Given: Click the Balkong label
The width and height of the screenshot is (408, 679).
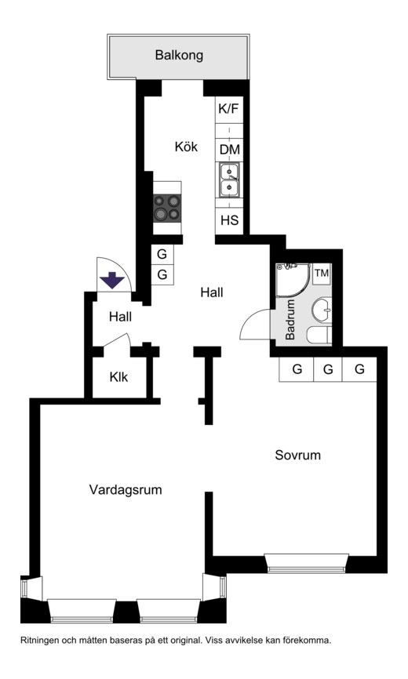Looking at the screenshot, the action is coord(179,56).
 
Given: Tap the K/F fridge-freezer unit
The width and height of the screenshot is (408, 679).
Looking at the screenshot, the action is coord(228,110).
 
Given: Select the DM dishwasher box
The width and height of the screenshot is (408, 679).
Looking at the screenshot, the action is coord(229,150).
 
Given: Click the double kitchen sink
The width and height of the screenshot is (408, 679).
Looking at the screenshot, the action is coord(228,180).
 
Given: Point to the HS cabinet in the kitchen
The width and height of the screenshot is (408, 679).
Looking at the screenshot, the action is coord(229,220).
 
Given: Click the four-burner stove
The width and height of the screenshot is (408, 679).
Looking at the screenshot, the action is coord(167,208).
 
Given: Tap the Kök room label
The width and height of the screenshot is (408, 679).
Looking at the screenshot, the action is coord(186,147).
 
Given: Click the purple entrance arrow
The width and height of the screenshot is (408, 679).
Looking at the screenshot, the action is coord(112,280).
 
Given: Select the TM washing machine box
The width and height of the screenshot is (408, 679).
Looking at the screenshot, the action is coord(322,273).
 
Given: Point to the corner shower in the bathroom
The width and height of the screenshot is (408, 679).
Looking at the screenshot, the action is coord(293,281).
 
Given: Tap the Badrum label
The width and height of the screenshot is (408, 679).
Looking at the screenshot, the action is coord(290,320).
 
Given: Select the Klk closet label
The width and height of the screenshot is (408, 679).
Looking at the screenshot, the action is coord(118,377).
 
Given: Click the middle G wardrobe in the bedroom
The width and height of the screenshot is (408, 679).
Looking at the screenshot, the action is coord(328,369).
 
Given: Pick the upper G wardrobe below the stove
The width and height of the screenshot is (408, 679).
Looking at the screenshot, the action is coord(162,254).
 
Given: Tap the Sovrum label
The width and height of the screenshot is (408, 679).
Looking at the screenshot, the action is coord(298,455).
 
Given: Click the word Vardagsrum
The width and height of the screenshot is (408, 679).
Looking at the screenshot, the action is coord(126,490).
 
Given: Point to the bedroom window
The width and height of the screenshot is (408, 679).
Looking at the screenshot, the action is coord(308,562).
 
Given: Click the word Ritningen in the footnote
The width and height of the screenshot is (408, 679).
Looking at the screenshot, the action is coord(39,641).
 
